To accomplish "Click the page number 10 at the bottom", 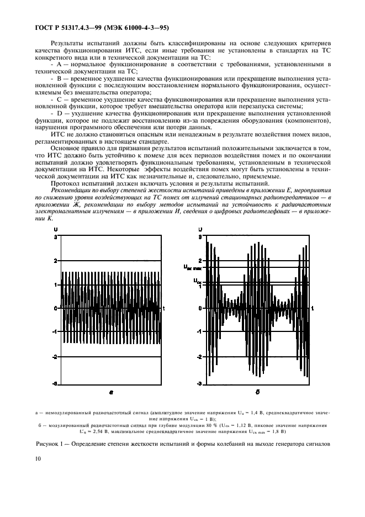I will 38,458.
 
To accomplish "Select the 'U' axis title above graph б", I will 200,229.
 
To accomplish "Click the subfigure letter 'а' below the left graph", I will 111,393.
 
